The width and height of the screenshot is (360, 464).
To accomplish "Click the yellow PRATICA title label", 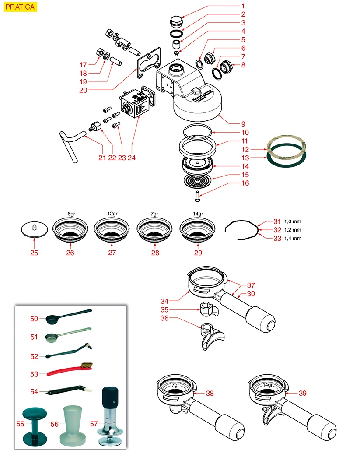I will tap(21, 7).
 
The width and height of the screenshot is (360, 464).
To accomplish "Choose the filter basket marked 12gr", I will tap(112, 230).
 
